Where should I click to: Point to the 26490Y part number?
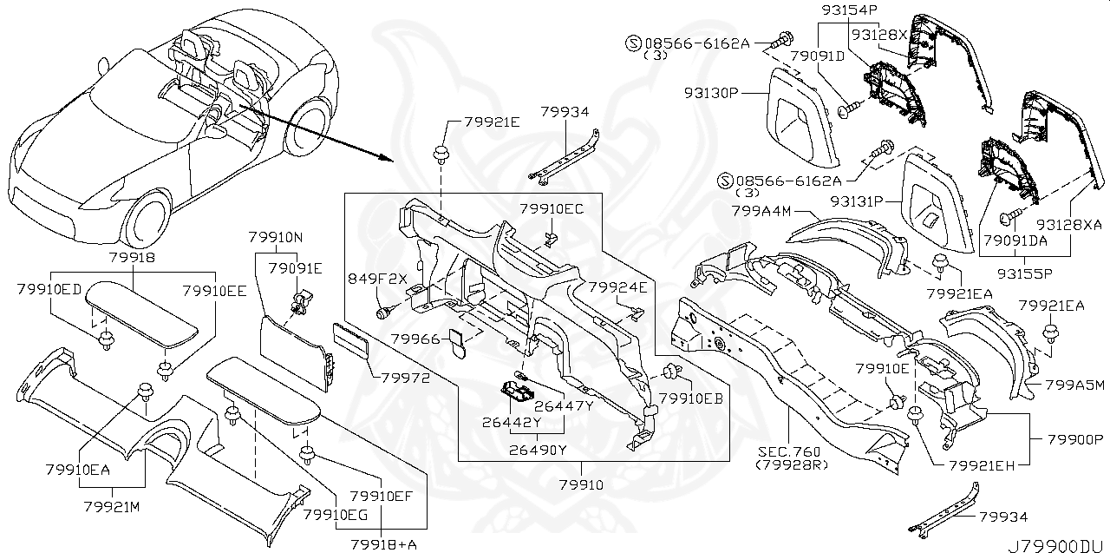[538, 450]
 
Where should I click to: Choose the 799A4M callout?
[760, 209]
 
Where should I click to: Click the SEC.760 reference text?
[787, 451]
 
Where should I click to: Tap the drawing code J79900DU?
[1057, 543]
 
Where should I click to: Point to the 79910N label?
[275, 237]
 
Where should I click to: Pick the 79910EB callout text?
[690, 398]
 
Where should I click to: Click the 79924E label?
[617, 286]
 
